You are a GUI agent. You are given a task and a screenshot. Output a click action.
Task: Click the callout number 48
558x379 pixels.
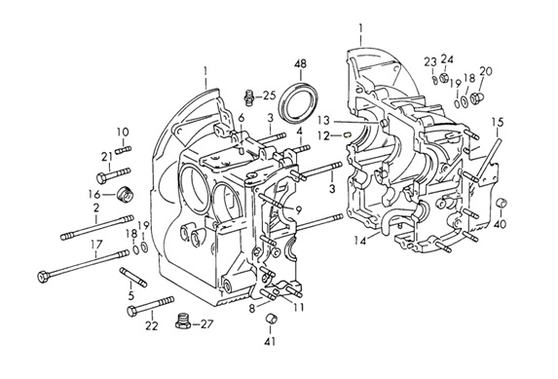300,64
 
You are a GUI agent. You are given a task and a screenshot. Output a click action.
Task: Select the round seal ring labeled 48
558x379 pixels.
299,102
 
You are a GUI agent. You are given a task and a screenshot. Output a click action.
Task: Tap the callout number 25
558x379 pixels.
270,95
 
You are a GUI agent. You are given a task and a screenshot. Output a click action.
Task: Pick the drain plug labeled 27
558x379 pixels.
183,321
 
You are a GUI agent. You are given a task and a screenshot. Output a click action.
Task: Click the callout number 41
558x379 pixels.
270,342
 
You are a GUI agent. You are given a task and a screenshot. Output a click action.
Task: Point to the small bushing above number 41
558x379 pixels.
273,318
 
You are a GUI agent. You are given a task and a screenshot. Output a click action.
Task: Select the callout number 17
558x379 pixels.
96,245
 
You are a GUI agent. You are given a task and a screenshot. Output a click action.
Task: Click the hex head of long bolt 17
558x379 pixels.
43,277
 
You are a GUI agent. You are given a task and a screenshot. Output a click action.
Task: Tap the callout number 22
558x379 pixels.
152,325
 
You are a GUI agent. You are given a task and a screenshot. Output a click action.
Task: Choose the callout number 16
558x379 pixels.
94,195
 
